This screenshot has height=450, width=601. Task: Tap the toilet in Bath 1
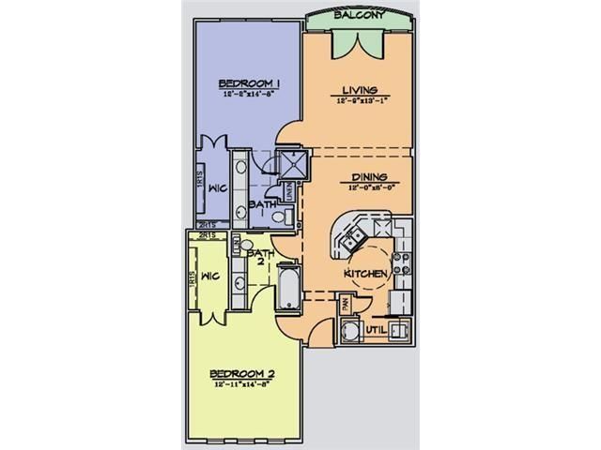(276, 218)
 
